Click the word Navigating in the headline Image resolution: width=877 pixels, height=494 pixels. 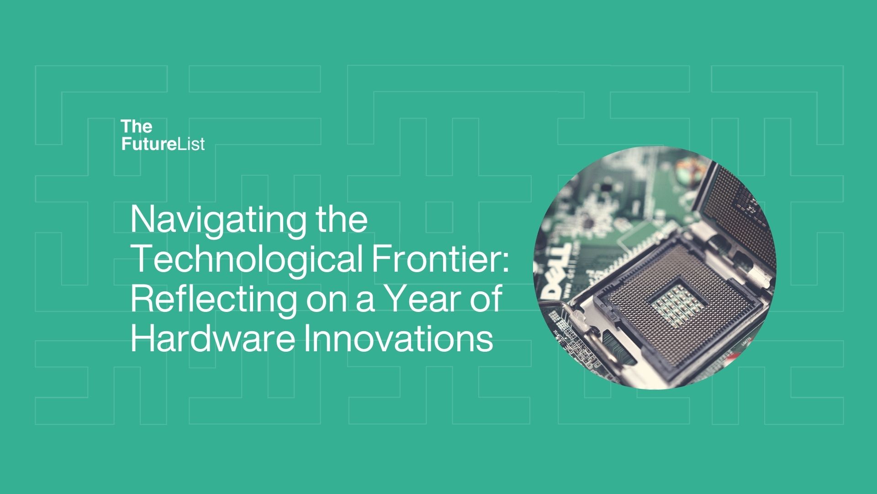(x=218, y=221)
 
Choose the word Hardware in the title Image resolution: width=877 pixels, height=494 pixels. (x=212, y=338)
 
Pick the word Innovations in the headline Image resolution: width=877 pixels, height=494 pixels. (x=399, y=338)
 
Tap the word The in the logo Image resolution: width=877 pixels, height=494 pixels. (x=137, y=126)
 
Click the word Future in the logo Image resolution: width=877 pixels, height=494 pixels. (x=149, y=144)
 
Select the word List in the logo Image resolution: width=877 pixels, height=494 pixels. (x=191, y=144)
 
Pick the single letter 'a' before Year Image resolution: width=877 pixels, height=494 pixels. (x=365, y=302)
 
